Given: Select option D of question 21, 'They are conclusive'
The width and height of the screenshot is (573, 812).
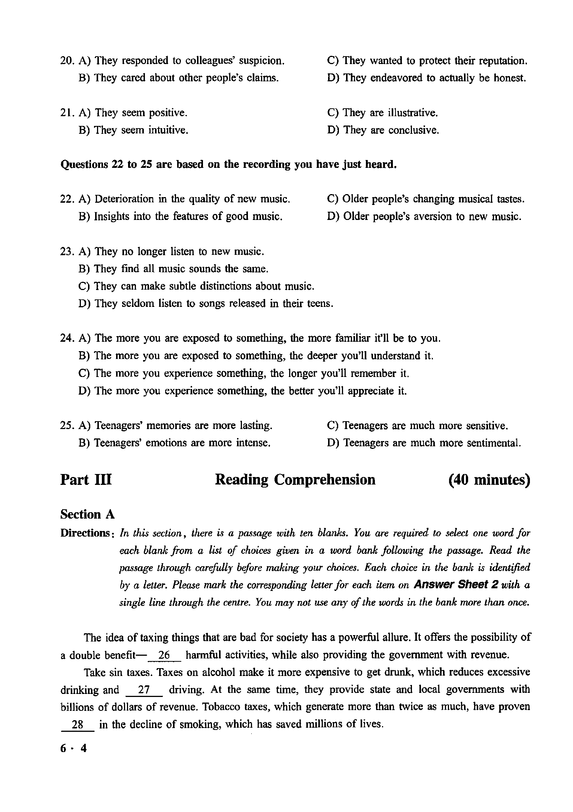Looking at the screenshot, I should [382, 130].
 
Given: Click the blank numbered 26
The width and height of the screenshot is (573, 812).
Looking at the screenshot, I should [165, 655].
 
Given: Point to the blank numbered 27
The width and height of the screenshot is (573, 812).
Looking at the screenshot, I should [144, 690].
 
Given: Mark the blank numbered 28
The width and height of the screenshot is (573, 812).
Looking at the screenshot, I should [78, 724].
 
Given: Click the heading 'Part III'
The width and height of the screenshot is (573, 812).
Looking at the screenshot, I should [86, 480].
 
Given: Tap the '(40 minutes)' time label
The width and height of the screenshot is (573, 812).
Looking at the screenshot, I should [489, 480].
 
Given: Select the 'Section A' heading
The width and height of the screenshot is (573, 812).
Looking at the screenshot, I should [87, 514].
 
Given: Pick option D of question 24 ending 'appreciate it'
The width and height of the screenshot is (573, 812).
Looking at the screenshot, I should [242, 391].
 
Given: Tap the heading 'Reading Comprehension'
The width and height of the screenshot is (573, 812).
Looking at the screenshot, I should [295, 480].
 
